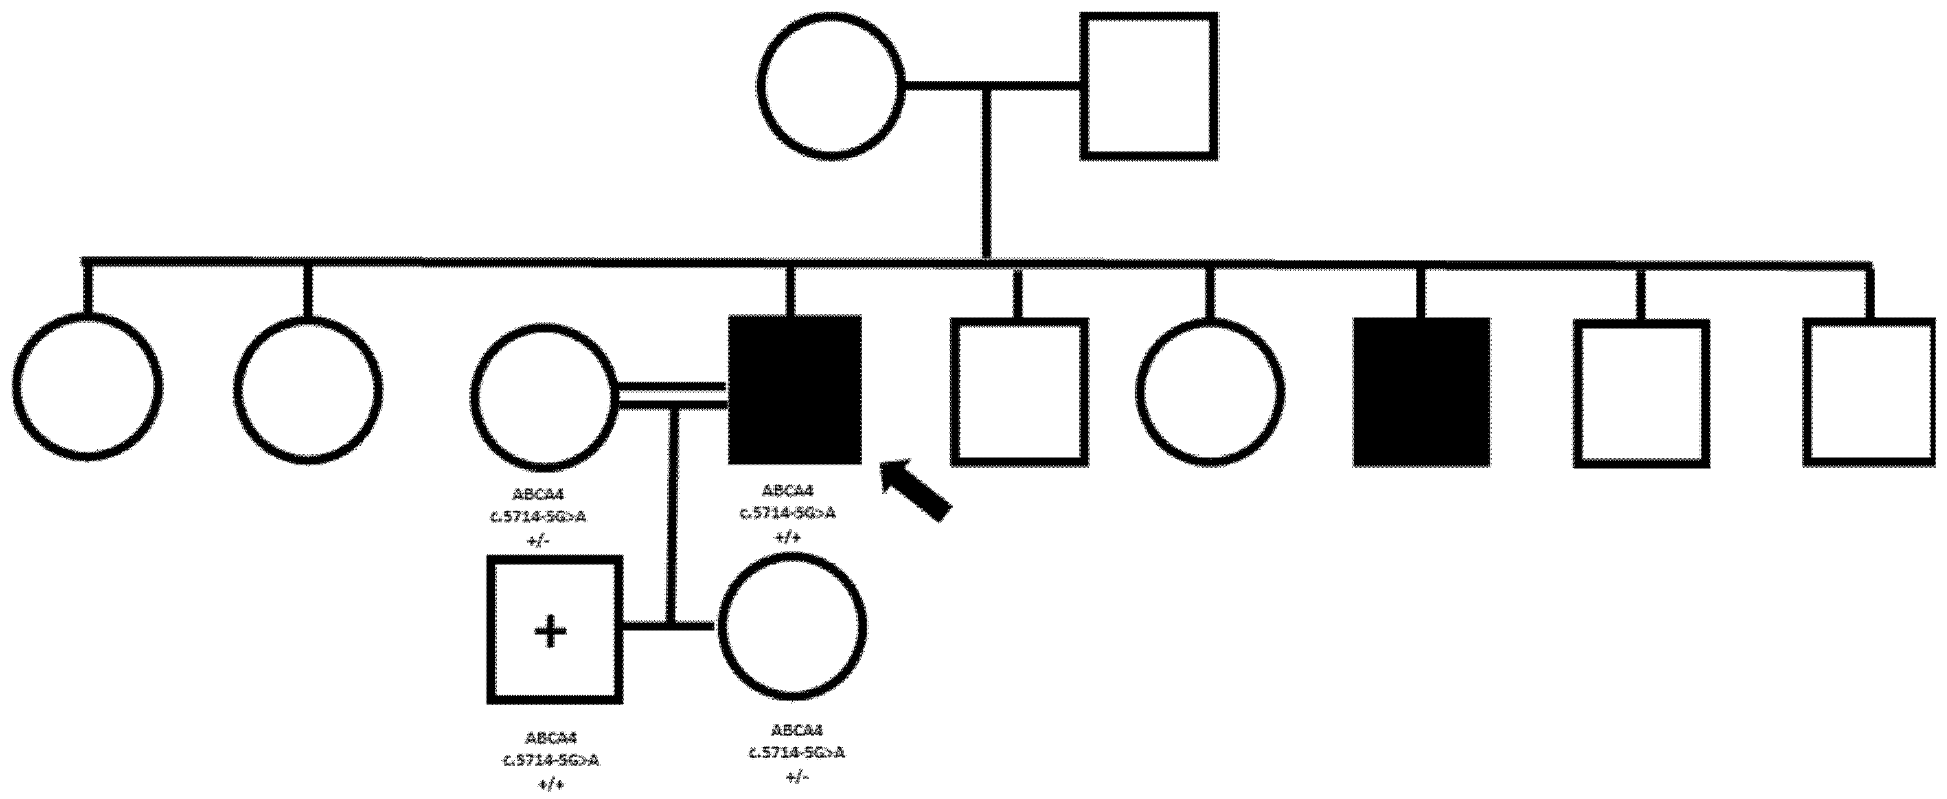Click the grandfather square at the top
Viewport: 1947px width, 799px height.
pos(1149,86)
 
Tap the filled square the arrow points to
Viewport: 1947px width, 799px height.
pos(794,390)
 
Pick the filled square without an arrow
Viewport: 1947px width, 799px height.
pos(1421,391)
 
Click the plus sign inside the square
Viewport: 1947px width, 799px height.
pos(551,631)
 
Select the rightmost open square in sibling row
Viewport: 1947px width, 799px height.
pos(1869,391)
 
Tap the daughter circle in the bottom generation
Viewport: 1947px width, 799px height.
pos(791,627)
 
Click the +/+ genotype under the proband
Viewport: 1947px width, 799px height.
pos(788,537)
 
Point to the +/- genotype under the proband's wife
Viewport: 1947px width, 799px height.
pos(538,540)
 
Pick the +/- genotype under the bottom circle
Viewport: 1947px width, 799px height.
pos(795,777)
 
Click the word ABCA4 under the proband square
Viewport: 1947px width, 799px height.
pos(788,492)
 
